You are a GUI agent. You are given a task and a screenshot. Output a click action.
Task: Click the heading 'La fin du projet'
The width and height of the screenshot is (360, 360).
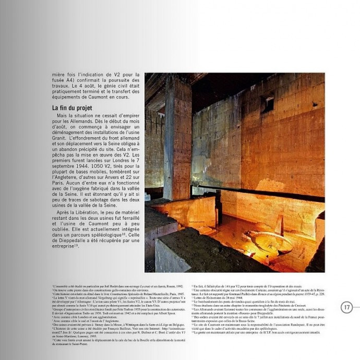click(72, 108)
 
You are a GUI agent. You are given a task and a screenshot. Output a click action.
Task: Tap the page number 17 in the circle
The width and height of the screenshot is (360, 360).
click(347, 307)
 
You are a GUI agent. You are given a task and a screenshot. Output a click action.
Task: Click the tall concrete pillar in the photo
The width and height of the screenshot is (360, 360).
click(177, 141)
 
